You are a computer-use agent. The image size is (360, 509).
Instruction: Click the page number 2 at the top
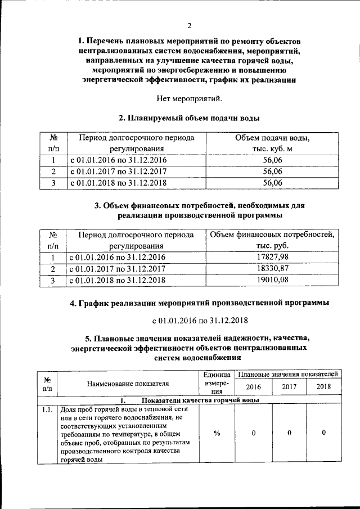[190, 26]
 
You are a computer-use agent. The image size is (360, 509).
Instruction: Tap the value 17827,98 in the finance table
[272, 257]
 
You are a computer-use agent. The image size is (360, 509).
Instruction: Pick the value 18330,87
[272, 268]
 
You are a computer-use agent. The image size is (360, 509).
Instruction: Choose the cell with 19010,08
[272, 280]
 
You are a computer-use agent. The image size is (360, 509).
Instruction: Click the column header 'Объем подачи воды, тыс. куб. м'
[272, 143]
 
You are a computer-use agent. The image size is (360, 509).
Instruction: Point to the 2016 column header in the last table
[254, 387]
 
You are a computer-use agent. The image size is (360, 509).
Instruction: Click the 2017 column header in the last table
[289, 387]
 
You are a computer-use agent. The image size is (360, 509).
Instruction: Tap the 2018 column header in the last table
[323, 387]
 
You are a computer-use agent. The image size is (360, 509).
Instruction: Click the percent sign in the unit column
[217, 433]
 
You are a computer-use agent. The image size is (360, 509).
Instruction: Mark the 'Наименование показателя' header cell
[128, 384]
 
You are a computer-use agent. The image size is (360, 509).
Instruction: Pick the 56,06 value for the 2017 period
[272, 171]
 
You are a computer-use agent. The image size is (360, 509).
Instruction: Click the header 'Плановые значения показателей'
[287, 373]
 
